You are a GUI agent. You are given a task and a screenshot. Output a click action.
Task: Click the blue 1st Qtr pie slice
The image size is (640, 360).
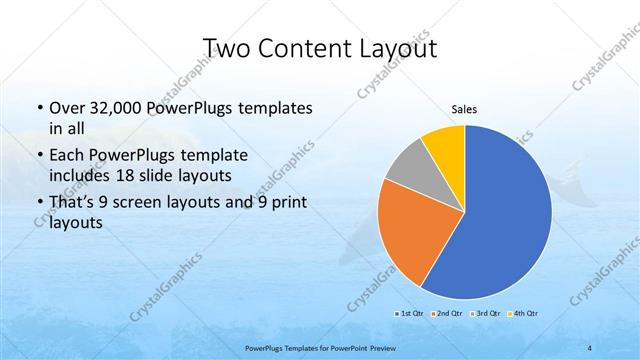pos(500,220)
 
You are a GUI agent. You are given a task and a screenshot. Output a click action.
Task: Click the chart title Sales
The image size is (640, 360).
pos(465,109)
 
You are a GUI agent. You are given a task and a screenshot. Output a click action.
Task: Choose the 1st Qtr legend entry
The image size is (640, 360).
pos(408,314)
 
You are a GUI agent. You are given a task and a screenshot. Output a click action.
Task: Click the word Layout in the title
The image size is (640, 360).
pos(391,50)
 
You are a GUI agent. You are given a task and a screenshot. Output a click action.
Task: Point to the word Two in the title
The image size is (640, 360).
pos(227,50)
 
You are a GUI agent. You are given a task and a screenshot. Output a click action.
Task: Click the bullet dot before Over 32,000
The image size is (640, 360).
pos(38,108)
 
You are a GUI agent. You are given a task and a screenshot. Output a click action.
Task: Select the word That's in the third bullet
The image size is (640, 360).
pos(71,204)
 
